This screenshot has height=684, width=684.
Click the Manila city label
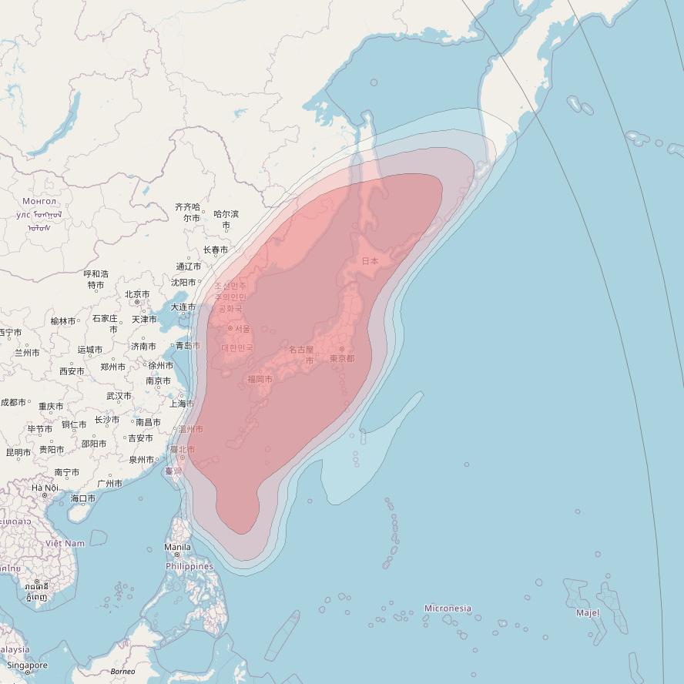[177, 547]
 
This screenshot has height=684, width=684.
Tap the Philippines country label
[189, 566]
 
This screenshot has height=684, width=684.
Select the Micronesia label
[448, 609]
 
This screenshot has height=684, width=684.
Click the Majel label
[588, 613]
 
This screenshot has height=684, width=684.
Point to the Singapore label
[27, 666]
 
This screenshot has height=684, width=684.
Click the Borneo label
[122, 672]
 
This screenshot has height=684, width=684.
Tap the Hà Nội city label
[45, 488]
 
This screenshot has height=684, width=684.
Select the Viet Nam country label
[65, 543]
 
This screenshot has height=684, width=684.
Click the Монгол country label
[39, 201]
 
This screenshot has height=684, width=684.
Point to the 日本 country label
[370, 261]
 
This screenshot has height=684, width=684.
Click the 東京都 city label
[342, 358]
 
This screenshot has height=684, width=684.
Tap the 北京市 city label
[137, 294]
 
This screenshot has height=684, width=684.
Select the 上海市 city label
[181, 404]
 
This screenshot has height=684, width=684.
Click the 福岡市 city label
[260, 379]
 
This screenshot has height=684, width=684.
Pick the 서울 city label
[242, 329]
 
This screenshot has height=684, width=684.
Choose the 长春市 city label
[216, 250]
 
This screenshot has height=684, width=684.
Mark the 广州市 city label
[110, 484]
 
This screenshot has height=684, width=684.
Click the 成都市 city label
[13, 402]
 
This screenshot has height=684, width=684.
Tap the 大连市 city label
[183, 307]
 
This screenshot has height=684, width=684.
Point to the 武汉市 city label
[119, 396]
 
